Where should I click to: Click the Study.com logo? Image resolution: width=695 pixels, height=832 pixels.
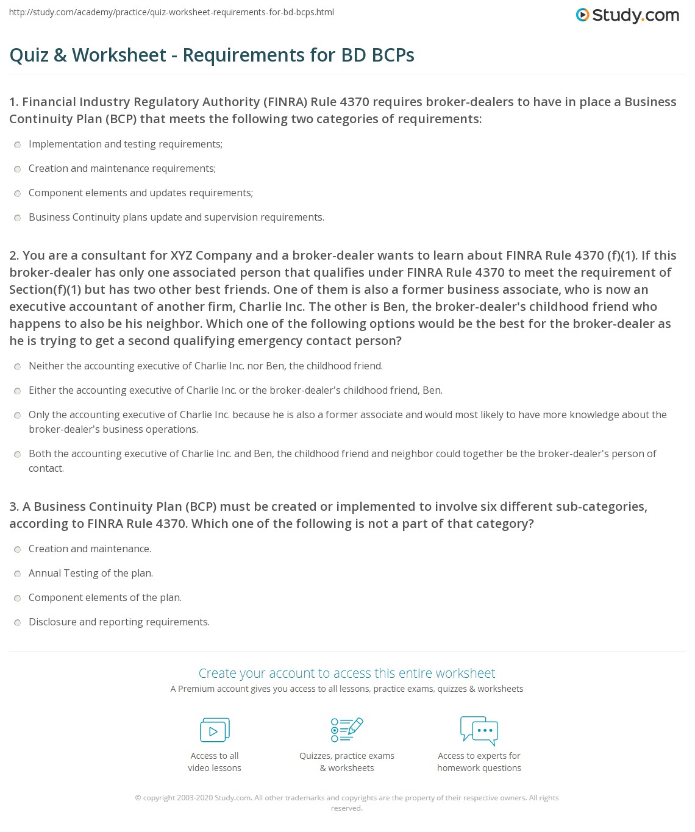tap(627, 15)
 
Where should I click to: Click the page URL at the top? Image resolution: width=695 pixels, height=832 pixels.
tap(172, 12)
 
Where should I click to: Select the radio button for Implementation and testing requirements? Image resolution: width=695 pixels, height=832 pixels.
tap(17, 144)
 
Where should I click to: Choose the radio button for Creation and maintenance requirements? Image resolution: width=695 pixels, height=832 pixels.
tap(17, 169)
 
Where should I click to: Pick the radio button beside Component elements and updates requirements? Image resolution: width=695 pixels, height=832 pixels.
tap(17, 193)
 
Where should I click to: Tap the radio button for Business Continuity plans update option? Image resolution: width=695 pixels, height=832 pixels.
tap(17, 218)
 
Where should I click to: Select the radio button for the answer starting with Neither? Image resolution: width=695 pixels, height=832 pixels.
tap(17, 366)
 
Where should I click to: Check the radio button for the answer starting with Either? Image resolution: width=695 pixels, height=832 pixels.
tap(17, 391)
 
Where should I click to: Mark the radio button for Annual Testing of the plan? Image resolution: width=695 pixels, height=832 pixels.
tap(17, 574)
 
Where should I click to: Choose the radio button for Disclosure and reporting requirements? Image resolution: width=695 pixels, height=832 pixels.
tap(17, 622)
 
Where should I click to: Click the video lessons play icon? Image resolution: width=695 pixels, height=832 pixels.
tap(215, 730)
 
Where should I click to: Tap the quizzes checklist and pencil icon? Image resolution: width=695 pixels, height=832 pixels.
tap(347, 730)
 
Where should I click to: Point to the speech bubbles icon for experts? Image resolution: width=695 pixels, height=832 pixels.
tap(479, 730)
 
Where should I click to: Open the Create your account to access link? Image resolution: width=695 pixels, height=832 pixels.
tap(347, 674)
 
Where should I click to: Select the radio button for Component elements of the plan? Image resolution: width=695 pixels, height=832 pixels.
tap(17, 598)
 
